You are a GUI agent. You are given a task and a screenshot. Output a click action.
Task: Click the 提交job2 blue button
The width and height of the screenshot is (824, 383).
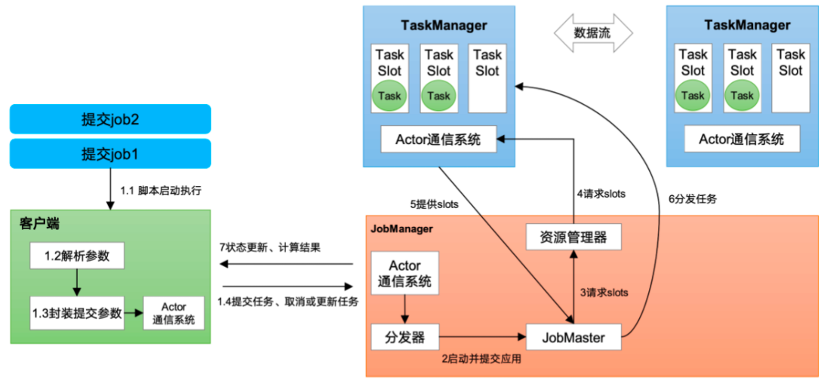pos(110,119)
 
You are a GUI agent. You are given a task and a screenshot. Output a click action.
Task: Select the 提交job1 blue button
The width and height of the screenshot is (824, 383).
pos(110,154)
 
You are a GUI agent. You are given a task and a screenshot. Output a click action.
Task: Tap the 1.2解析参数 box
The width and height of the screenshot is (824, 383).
pos(76,256)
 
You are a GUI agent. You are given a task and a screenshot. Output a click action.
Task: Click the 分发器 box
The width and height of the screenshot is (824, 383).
pos(404,337)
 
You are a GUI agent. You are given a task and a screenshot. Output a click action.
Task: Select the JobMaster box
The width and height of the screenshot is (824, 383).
pos(573,337)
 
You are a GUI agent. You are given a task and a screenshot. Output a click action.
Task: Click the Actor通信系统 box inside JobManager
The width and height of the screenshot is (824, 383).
pos(404,274)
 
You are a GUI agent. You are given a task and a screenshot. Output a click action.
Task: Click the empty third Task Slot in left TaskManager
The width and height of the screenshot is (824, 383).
pos(487,78)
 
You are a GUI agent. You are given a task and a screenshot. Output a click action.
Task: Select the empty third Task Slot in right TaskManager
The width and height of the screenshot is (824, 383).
pos(790,78)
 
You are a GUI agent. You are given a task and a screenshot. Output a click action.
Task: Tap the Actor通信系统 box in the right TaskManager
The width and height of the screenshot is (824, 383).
pos(741,139)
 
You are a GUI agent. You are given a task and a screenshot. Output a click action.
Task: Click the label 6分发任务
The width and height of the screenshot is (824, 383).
pos(692,199)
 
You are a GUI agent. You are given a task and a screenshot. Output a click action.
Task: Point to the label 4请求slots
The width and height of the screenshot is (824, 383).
pos(601,194)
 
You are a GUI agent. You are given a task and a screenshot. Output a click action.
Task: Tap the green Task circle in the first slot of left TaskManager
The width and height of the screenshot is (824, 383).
pos(389,96)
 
